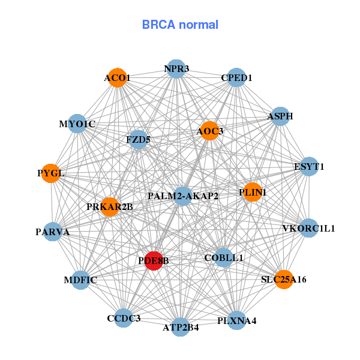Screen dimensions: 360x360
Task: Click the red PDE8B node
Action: coord(154,260)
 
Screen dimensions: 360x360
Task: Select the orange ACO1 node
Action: coord(117,78)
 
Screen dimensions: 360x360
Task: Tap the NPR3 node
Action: coord(176,69)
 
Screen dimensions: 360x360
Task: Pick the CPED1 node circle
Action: coord(236,78)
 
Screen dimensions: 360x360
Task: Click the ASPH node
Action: coord(280,116)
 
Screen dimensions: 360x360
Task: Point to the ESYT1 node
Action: coord(308,166)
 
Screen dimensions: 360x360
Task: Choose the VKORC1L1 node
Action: coord(308,228)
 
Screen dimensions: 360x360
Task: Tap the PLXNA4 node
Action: coord(236,320)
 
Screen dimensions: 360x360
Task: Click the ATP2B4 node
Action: coord(180,327)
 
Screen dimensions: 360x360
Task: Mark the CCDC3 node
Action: coord(124,318)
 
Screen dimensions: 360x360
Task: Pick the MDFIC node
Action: coord(80,280)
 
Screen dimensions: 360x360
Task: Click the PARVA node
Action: coord(53,232)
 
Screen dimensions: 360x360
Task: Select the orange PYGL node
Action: coord(51,173)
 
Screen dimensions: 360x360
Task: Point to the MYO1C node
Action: coord(77,124)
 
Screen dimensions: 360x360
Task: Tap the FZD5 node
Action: coord(138,140)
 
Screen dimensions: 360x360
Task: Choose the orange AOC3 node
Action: coord(209,131)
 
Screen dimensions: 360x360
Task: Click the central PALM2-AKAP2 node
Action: coord(182,196)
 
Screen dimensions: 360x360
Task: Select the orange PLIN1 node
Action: coord(253,192)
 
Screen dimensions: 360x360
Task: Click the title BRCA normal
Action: coord(180,25)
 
